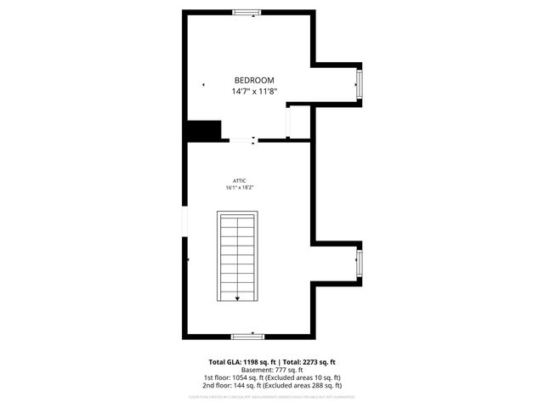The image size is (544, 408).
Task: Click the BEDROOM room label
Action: (254, 80)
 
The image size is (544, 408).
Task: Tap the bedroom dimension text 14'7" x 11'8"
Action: (254, 91)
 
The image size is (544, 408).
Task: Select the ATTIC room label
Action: (240, 180)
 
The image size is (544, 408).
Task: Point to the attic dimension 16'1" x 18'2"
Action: (240, 188)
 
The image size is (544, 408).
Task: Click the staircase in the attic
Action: (237, 256)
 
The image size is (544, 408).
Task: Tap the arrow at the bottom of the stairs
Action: (237, 297)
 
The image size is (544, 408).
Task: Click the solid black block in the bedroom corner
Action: (204, 130)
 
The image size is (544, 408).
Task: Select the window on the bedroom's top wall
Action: (247, 12)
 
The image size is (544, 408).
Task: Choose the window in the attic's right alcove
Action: (359, 263)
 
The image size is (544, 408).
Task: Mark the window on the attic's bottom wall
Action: (242, 336)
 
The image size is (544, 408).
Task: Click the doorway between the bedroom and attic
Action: (241, 139)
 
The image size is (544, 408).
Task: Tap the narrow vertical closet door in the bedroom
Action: (289, 122)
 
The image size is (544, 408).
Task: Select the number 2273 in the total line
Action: (308, 362)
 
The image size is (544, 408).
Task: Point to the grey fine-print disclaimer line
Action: (272, 395)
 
